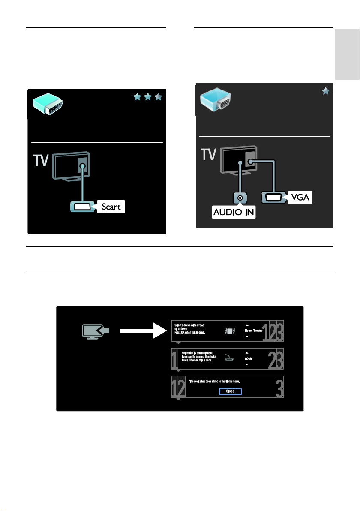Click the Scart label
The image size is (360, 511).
[x=111, y=207]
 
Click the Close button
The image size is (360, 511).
[x=230, y=391]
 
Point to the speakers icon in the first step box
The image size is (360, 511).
[x=230, y=331]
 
